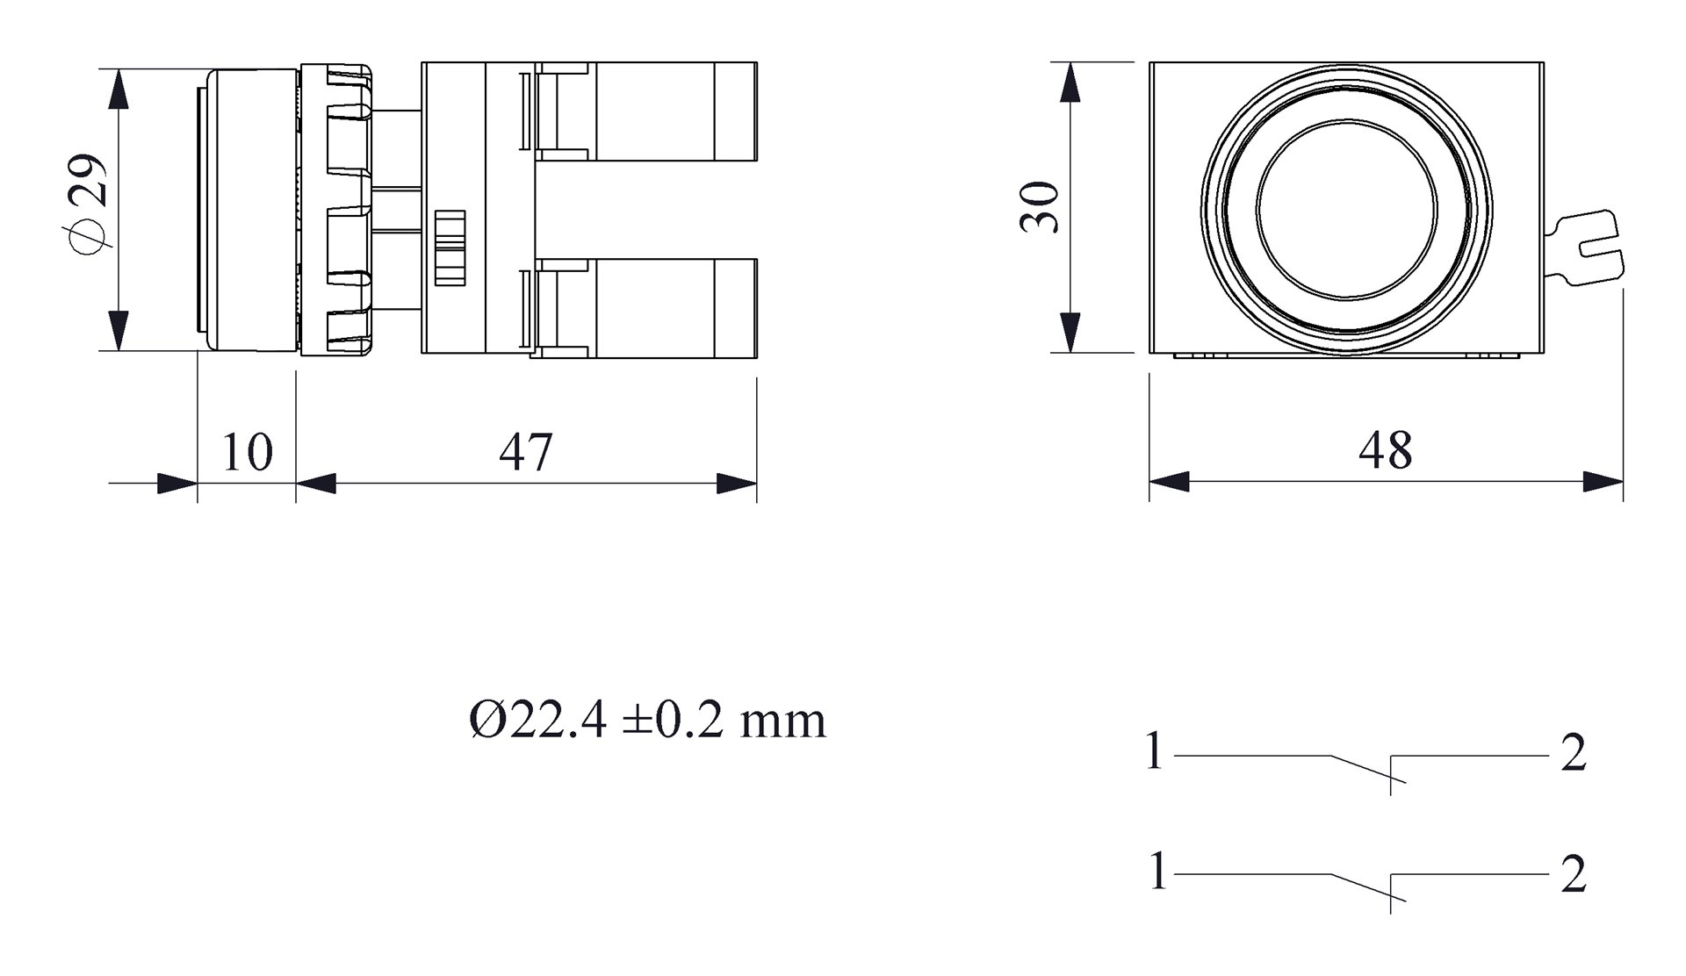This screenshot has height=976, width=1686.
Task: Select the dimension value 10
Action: click(x=247, y=453)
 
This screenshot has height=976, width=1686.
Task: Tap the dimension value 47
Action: click(x=526, y=453)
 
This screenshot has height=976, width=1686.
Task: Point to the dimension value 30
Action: click(x=1040, y=207)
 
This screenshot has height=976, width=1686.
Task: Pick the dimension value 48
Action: click(x=1385, y=450)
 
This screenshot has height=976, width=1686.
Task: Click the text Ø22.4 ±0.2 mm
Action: click(x=647, y=721)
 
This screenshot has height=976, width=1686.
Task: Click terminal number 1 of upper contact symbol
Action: click(x=1155, y=752)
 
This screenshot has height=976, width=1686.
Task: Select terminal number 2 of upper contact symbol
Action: click(x=1573, y=753)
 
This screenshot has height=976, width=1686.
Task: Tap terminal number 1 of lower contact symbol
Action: click(x=1157, y=872)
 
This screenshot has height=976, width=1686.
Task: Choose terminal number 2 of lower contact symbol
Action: click(x=1573, y=874)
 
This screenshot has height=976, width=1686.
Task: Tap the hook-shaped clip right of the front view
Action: click(x=1589, y=248)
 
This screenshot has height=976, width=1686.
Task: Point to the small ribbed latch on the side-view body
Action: click(x=450, y=248)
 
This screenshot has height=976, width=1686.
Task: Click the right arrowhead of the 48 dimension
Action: click(x=1603, y=481)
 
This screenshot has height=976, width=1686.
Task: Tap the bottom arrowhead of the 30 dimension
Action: click(x=1070, y=333)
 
